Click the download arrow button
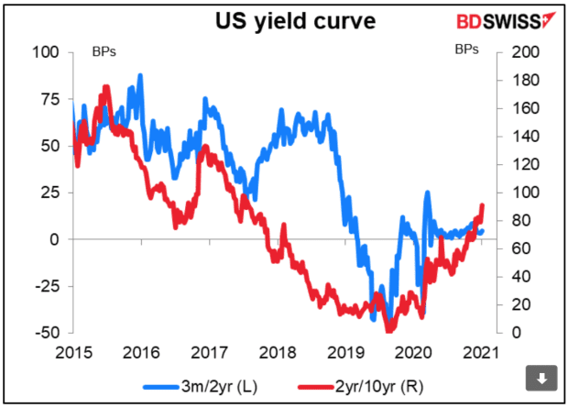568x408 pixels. coord(541,377)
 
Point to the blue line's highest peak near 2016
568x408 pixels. coord(139,75)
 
